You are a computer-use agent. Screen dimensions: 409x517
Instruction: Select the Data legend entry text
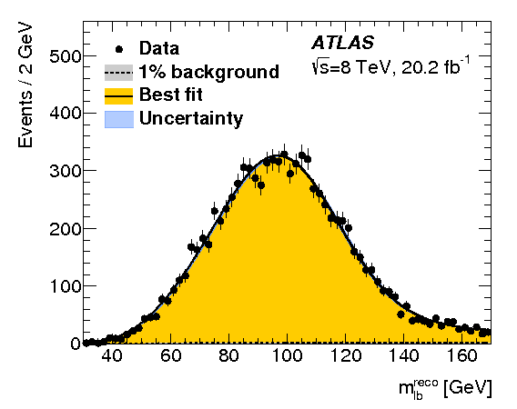(x=159, y=48)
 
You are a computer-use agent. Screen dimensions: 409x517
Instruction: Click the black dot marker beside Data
(x=119, y=48)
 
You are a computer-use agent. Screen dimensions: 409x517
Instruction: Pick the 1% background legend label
(x=208, y=72)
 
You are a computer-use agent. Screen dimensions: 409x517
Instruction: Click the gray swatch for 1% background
(x=119, y=72)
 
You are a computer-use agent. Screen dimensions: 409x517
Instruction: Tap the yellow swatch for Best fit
(x=119, y=95)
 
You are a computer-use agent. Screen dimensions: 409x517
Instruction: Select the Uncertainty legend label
(x=191, y=118)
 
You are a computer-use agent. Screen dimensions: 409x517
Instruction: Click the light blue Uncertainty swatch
(x=119, y=118)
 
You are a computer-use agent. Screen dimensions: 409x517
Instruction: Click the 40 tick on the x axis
(x=112, y=358)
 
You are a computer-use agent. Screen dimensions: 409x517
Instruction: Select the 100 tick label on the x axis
(x=287, y=358)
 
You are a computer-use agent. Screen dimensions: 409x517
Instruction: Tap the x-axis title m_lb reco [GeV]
(x=444, y=388)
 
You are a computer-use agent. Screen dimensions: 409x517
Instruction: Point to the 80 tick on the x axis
(x=228, y=358)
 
